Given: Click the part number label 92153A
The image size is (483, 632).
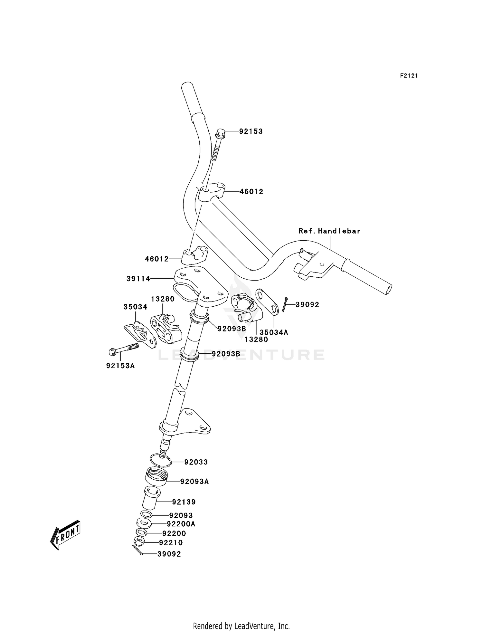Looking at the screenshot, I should pos(120,366).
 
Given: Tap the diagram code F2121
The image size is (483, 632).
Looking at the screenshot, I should pos(409,76).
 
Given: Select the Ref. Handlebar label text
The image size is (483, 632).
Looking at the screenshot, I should pos(329,231).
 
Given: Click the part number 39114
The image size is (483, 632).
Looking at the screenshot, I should pos(138,279).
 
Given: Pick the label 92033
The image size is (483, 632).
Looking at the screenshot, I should pos(196,462).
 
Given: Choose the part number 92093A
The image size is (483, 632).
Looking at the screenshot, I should pos(194,482).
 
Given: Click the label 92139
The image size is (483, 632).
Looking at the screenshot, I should pos(184,502).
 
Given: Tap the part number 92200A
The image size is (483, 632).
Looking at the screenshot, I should pos(181,524).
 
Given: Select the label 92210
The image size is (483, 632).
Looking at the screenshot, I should pos(171,543).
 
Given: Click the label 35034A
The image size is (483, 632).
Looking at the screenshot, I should pos(274,332).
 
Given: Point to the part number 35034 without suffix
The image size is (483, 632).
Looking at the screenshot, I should pos(135,307).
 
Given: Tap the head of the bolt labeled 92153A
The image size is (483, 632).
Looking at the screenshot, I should pos(112,352).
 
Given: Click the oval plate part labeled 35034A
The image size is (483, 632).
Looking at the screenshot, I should pos(267,301).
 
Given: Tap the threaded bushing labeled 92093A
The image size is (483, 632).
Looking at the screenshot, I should pos(156,480).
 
